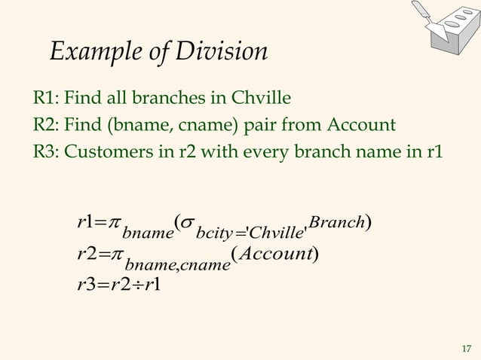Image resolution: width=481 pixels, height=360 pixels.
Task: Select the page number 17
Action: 465,347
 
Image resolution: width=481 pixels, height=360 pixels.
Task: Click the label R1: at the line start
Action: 47,99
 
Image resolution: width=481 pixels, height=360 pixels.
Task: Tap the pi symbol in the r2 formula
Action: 114,255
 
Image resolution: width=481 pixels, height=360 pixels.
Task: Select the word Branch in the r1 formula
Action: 337,222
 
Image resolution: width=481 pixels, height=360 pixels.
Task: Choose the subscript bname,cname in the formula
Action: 177,265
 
